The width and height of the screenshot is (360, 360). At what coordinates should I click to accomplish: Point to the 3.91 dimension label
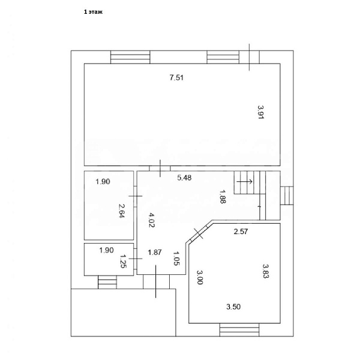(x=260, y=113)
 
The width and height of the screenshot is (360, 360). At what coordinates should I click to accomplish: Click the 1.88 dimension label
(x=223, y=196)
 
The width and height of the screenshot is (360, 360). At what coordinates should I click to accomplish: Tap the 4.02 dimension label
(x=151, y=220)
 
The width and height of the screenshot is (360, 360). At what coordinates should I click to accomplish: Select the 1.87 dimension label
(x=155, y=252)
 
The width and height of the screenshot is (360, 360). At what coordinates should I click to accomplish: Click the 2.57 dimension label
(x=241, y=231)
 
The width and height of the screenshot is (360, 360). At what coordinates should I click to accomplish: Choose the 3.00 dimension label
(x=200, y=278)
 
